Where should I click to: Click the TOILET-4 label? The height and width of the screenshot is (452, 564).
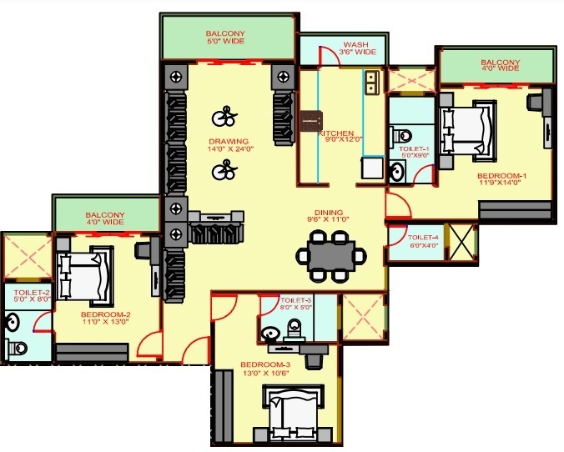pyautogui.click(x=425, y=238)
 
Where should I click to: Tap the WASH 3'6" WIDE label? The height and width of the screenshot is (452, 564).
pyautogui.click(x=360, y=48)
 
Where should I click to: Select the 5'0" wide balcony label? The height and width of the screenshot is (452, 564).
pyautogui.click(x=225, y=35)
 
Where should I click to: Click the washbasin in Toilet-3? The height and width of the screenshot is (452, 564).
pyautogui.click(x=270, y=334)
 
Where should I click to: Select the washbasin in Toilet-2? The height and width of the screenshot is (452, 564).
pyautogui.click(x=14, y=320)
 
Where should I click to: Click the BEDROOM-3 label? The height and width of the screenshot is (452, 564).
pyautogui.click(x=264, y=364)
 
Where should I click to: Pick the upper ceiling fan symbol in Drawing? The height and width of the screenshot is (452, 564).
pyautogui.click(x=223, y=116)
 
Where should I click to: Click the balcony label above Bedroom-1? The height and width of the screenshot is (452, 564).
pyautogui.click(x=500, y=64)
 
